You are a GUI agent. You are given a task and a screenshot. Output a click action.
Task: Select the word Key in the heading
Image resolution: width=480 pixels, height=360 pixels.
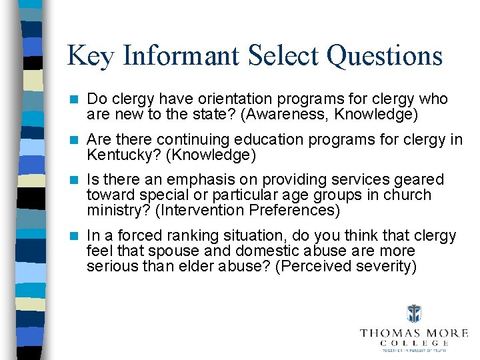(x=89, y=56)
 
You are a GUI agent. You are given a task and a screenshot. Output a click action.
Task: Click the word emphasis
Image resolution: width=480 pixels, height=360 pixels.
(x=198, y=179)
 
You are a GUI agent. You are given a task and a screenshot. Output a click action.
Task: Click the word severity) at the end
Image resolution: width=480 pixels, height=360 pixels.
(x=385, y=267)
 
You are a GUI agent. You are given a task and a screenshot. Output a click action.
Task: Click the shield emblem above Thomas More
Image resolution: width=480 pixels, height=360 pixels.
(x=415, y=314)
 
